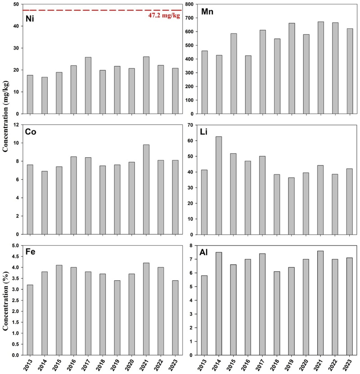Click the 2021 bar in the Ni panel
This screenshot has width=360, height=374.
pos(146,85)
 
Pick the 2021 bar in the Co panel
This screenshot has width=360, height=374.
pos(146,189)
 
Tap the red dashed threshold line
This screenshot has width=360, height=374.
pos(90,10)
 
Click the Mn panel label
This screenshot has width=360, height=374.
pos(207,12)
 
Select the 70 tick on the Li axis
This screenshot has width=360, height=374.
pos(191,125)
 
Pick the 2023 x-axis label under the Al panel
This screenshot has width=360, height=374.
pos(349,364)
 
